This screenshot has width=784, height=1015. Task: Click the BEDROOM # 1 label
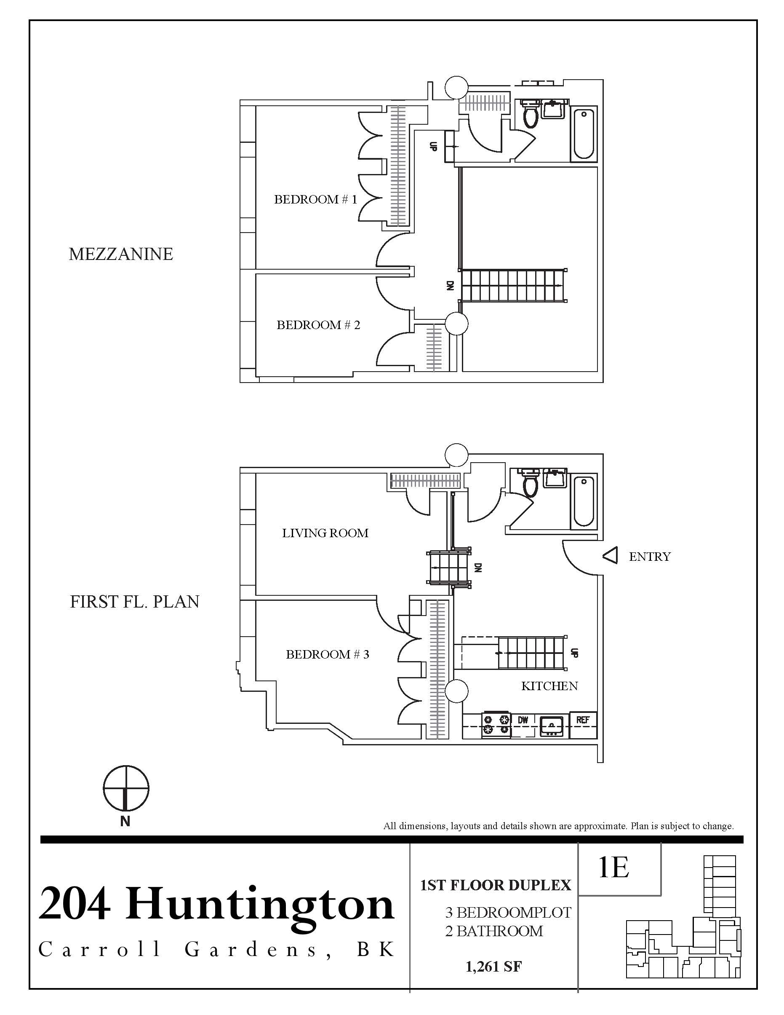pos(315,199)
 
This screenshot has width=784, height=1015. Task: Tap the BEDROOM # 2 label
pos(318,325)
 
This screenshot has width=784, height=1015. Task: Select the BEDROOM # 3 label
pos(327,654)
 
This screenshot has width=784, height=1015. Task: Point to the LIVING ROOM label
pos(325,533)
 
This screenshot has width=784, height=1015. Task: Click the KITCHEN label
pos(549,686)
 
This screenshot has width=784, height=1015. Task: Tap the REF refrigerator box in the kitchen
pos(583,720)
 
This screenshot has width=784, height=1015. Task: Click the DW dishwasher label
pos(523,720)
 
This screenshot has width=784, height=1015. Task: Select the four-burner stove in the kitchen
pos(496,725)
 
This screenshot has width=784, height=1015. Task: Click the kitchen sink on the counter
pos(551,726)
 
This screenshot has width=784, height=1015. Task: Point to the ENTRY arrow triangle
pos(610,556)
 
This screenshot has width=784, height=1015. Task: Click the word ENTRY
pos(649,557)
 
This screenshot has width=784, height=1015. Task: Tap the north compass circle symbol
pos(126,788)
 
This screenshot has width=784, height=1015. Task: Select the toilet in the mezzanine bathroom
pos(530,114)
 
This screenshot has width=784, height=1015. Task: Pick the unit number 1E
pos(613,868)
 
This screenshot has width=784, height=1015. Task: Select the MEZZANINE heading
pos(121,254)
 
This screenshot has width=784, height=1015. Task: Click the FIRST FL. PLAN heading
pos(135,602)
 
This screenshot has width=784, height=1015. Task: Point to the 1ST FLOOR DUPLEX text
pos(496,885)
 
